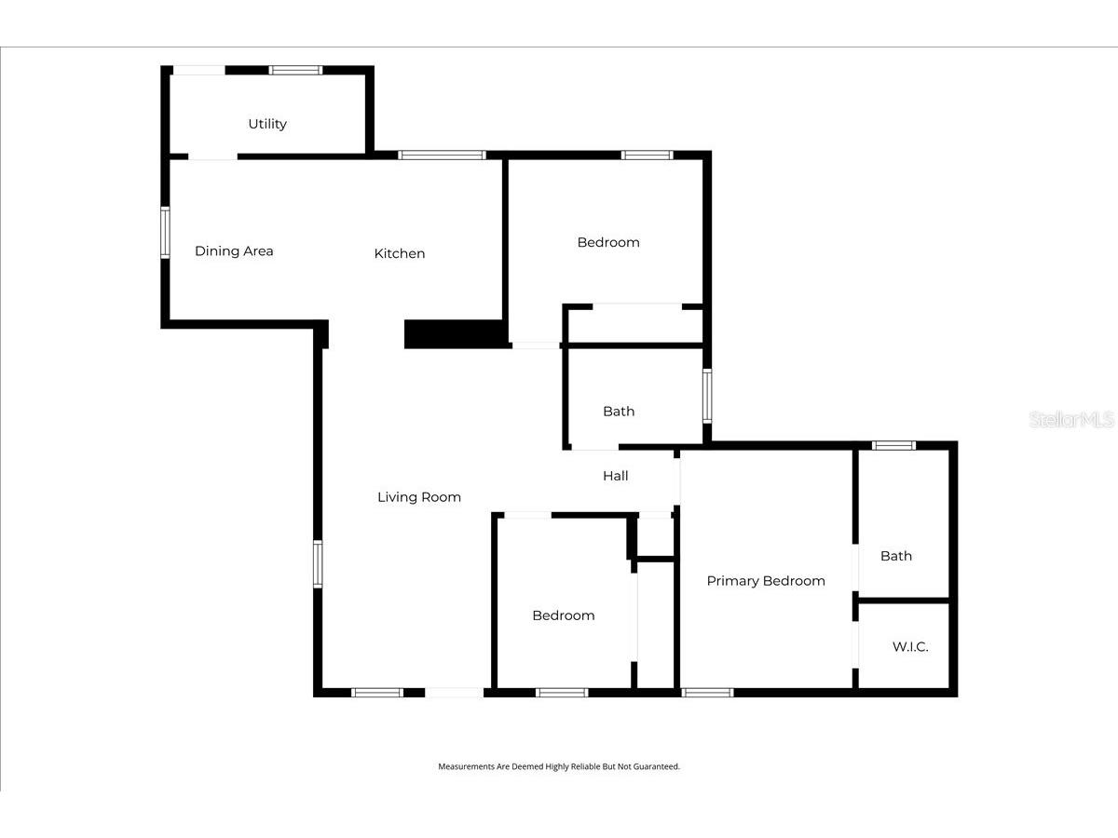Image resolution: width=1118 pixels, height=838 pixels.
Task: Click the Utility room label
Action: (x=267, y=124)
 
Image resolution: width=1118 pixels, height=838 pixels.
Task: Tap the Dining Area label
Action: (x=234, y=250)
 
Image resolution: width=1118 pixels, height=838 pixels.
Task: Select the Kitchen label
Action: (x=400, y=253)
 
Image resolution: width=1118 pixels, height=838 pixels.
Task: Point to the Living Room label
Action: (x=418, y=497)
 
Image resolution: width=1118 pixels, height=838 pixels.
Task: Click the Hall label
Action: (x=615, y=476)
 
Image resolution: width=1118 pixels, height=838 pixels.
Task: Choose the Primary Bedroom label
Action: (x=766, y=581)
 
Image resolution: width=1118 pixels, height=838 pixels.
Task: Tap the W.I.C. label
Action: (x=909, y=647)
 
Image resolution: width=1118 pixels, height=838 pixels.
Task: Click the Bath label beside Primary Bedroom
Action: (x=896, y=556)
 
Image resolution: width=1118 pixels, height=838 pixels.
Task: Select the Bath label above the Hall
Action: (x=619, y=412)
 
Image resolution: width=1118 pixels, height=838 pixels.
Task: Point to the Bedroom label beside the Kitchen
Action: (x=608, y=242)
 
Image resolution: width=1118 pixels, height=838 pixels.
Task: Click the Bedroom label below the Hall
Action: (x=564, y=615)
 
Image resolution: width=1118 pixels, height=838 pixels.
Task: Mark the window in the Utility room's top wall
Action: (x=295, y=70)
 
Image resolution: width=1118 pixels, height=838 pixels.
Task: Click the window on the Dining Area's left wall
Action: (x=165, y=233)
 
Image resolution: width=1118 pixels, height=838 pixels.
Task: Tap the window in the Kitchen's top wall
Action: (x=442, y=155)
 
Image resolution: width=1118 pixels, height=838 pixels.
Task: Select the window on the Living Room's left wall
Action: (x=318, y=564)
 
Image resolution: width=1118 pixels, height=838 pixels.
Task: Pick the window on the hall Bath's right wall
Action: (x=707, y=396)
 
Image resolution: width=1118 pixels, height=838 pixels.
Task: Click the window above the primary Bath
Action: (x=893, y=446)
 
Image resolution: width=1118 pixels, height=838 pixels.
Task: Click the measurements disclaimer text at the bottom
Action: (x=559, y=766)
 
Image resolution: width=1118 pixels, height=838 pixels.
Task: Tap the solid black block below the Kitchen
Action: (x=456, y=334)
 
